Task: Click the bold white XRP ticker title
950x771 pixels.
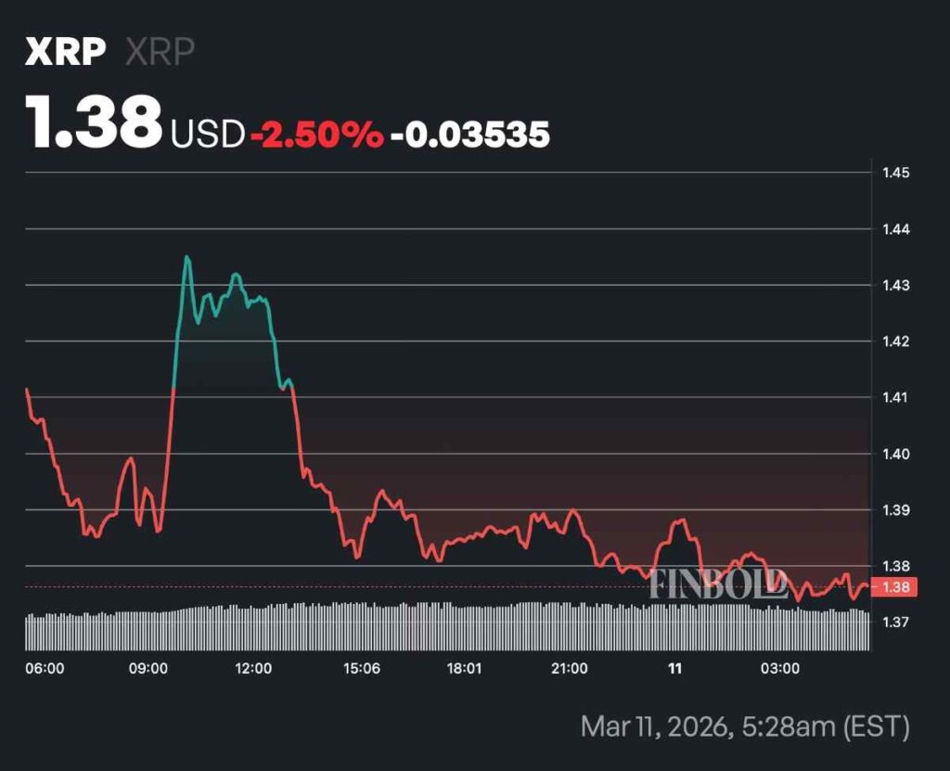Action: pyautogui.click(x=64, y=52)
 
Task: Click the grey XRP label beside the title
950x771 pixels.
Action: pyautogui.click(x=160, y=52)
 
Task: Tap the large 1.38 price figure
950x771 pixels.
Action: pyautogui.click(x=94, y=124)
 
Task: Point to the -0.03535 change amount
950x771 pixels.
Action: pyautogui.click(x=469, y=135)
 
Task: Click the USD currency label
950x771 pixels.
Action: pyautogui.click(x=207, y=135)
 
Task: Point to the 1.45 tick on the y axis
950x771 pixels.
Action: pyautogui.click(x=896, y=173)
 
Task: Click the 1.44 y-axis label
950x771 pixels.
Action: pyautogui.click(x=896, y=229)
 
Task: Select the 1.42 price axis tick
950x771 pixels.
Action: pyautogui.click(x=896, y=341)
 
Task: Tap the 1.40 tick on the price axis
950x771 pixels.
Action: pyautogui.click(x=896, y=454)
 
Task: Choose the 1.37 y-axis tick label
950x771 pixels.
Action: pyautogui.click(x=896, y=622)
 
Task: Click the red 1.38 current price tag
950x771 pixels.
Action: pyautogui.click(x=895, y=586)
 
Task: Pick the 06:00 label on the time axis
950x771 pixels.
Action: pyautogui.click(x=45, y=668)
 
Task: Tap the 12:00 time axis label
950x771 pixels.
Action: pyautogui.click(x=253, y=668)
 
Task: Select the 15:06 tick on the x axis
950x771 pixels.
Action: pyautogui.click(x=361, y=668)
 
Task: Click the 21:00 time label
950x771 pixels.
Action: pyautogui.click(x=569, y=668)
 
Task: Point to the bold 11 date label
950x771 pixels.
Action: pyautogui.click(x=674, y=668)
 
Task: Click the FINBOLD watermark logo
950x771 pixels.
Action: pyautogui.click(x=718, y=584)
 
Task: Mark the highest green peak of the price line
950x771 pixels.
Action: pyautogui.click(x=186, y=257)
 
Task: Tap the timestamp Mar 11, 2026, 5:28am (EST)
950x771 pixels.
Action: pyautogui.click(x=745, y=726)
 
